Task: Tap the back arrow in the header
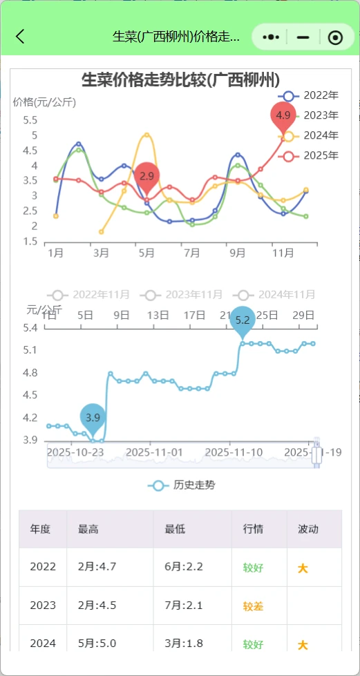tap(20, 37)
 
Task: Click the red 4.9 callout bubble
tap(283, 115)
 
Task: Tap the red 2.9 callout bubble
tap(146, 176)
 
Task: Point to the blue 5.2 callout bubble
tap(243, 320)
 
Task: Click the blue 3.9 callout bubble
tap(93, 416)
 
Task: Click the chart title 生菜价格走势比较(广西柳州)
tap(180, 79)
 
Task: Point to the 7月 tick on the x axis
tap(192, 253)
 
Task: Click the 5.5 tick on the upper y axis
tap(30, 120)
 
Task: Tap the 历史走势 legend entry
tap(181, 485)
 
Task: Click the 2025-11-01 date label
tap(158, 452)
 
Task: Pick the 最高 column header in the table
tap(88, 530)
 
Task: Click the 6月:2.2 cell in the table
tap(184, 568)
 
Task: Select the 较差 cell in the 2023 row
tap(253, 606)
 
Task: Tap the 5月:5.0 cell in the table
tap(97, 644)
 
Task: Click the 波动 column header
tap(308, 530)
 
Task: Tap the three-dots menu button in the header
tap(272, 37)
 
